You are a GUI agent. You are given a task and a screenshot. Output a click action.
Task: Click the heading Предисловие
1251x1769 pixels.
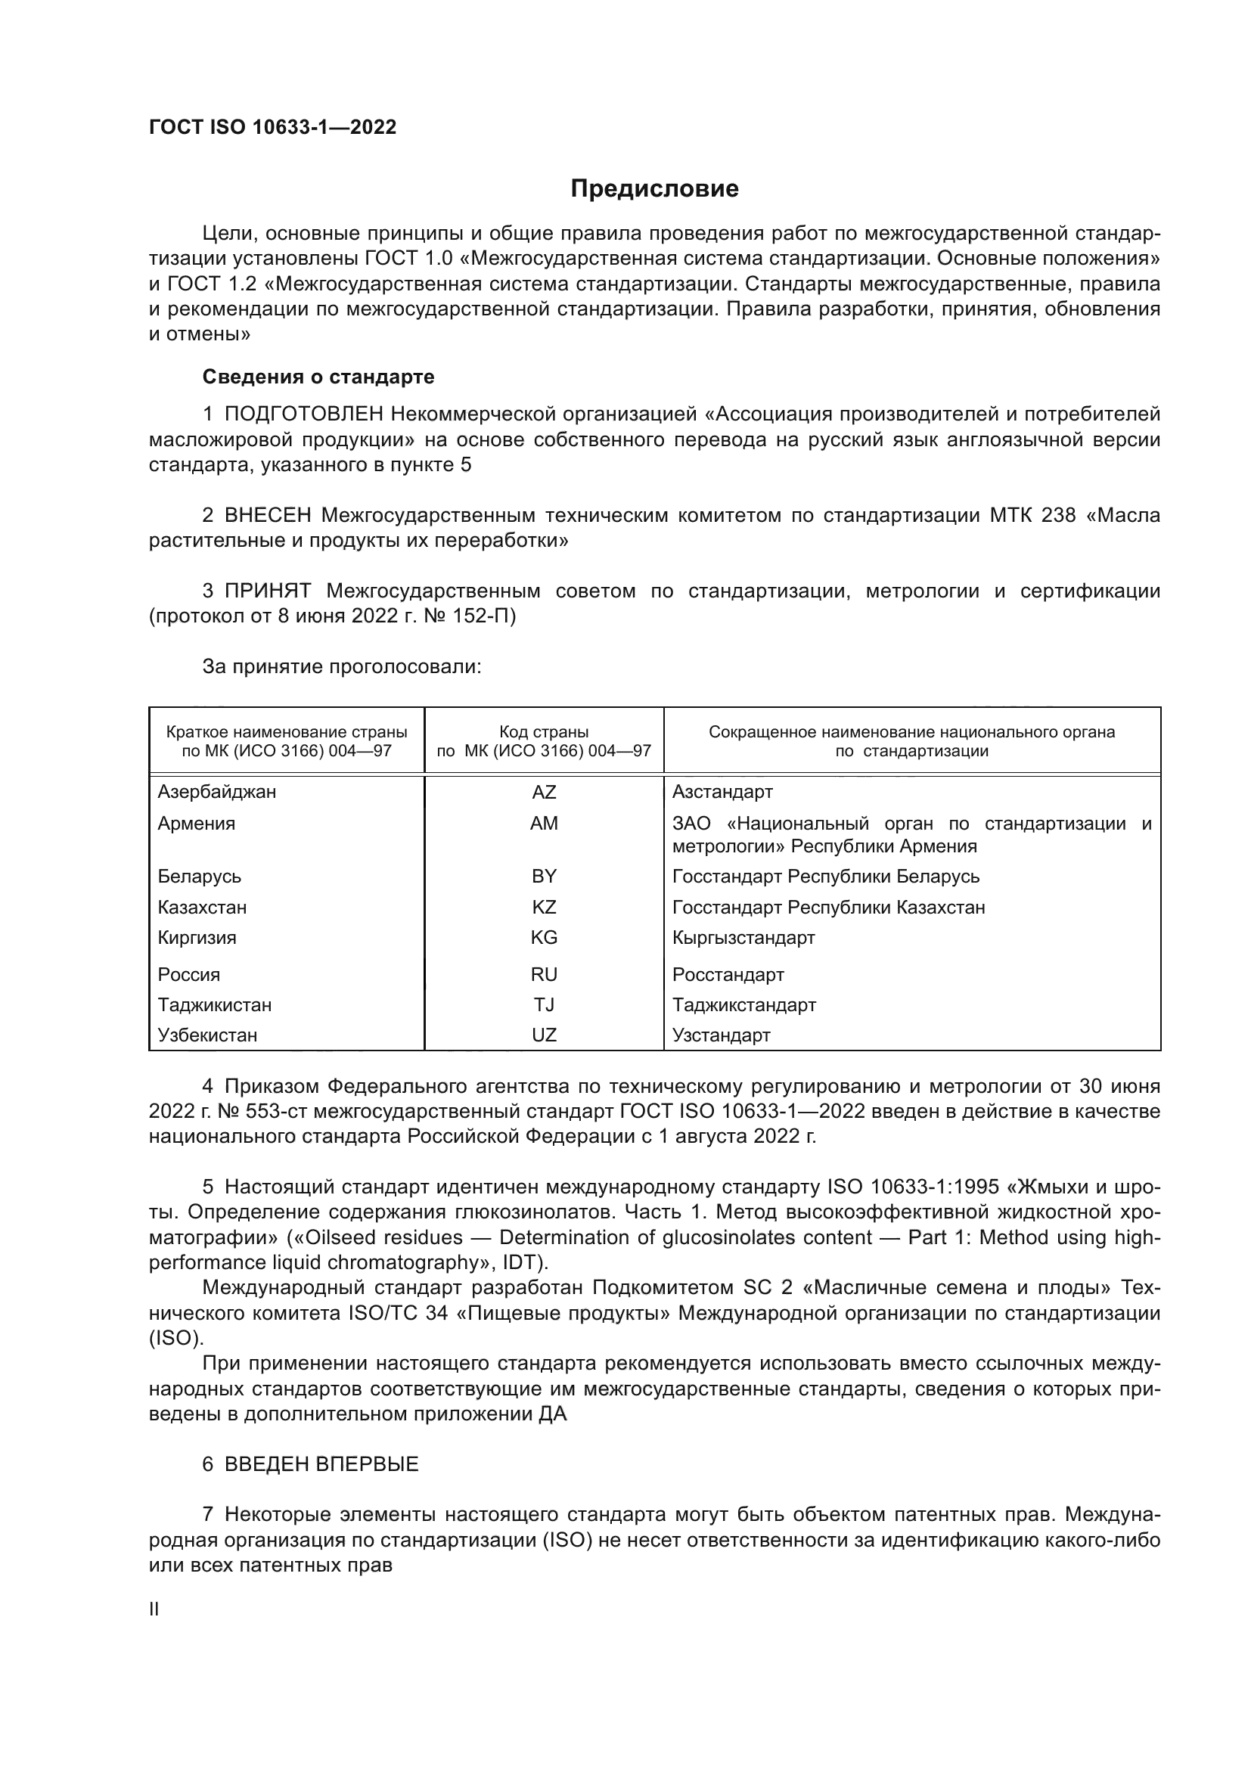[654, 189]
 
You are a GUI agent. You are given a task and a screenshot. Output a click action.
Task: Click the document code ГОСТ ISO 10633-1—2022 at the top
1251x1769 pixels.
[273, 128]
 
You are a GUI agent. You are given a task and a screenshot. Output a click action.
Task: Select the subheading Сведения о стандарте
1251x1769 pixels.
[318, 377]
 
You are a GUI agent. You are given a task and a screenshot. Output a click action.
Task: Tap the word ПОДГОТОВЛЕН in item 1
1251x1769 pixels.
[303, 414]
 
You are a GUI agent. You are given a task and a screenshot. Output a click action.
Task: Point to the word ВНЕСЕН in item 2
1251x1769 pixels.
[268, 515]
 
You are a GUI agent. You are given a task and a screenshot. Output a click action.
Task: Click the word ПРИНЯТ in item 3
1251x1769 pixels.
[267, 591]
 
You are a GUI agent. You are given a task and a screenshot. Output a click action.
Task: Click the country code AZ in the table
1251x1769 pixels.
[544, 792]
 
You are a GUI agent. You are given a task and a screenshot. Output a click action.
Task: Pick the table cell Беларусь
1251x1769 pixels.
[200, 876]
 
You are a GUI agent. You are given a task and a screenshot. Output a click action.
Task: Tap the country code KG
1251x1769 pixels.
[544, 938]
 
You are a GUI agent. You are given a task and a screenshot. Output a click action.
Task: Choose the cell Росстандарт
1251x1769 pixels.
[728, 975]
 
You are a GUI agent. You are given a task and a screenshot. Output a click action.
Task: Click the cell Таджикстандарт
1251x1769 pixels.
[743, 1004]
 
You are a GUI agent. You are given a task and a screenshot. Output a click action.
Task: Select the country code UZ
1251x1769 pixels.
[544, 1035]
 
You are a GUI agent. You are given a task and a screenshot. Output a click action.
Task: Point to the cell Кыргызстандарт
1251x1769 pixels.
[743, 938]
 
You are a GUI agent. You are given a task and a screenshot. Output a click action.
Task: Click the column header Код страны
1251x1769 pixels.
[544, 732]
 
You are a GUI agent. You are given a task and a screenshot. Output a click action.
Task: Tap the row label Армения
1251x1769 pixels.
[197, 824]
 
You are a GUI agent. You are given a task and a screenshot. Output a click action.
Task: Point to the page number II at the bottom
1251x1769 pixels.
[154, 1609]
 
